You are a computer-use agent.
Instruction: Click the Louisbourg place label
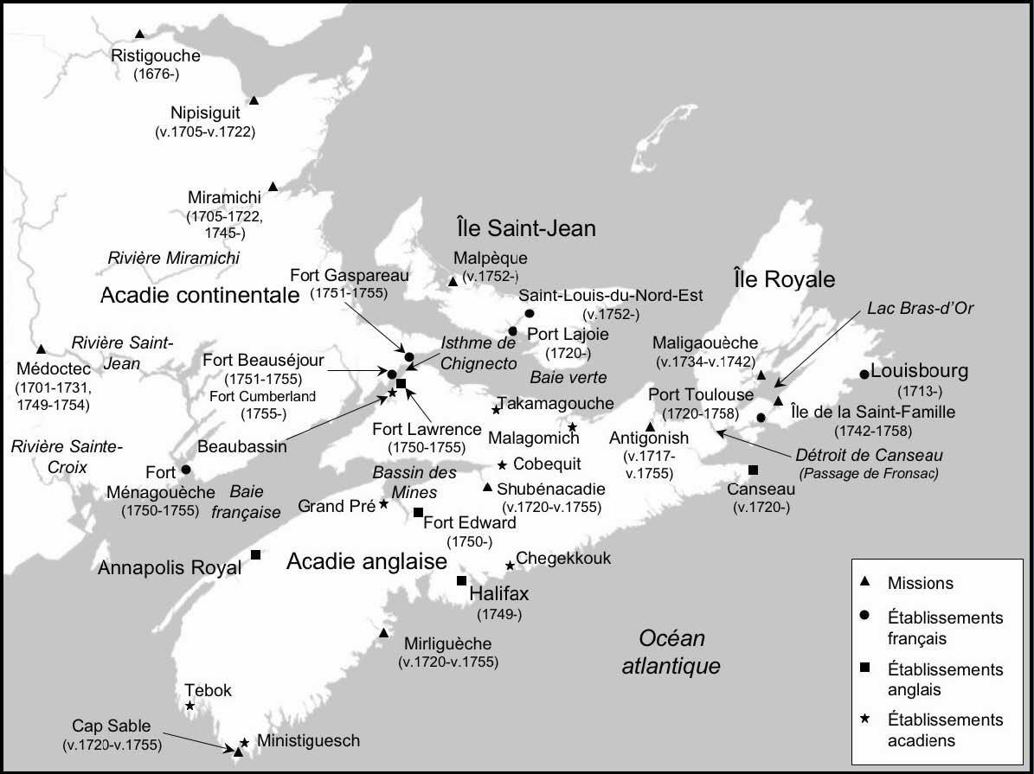pos(920,372)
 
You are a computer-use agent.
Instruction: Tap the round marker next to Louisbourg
pos(864,374)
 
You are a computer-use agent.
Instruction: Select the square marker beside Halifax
pos(461,580)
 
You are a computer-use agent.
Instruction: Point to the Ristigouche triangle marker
pos(139,34)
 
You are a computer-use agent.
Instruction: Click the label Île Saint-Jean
pos(526,227)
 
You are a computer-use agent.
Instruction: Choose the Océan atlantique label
pos(671,653)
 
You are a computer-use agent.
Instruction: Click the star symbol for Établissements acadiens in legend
pos(867,720)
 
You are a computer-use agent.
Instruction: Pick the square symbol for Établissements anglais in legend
pos(867,669)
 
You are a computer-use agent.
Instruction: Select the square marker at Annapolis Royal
pos(255,554)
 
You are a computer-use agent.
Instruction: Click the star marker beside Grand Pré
pos(383,503)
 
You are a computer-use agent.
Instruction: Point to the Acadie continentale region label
pos(199,296)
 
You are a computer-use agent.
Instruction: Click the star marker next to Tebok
pos(189,706)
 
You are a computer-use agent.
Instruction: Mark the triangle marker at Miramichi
pos(273,187)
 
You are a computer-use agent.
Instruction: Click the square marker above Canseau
pos(753,470)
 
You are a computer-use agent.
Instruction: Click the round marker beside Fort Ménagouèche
pos(185,470)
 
